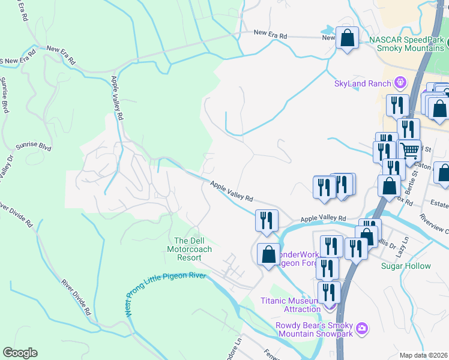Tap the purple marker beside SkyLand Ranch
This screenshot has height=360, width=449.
pos(400,83)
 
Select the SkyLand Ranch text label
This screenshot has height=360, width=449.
pos(363,83)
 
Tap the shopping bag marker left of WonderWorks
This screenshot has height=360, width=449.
pos(268,255)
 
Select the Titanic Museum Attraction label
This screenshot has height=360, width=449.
pos(291,305)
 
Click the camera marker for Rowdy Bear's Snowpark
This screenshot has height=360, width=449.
pos(361,328)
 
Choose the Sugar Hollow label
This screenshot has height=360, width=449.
pos(406,266)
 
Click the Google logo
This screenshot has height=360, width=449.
pos(20,353)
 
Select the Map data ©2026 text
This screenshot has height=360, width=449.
pos(423,355)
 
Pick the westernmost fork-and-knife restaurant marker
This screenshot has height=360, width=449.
pos(265,220)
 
